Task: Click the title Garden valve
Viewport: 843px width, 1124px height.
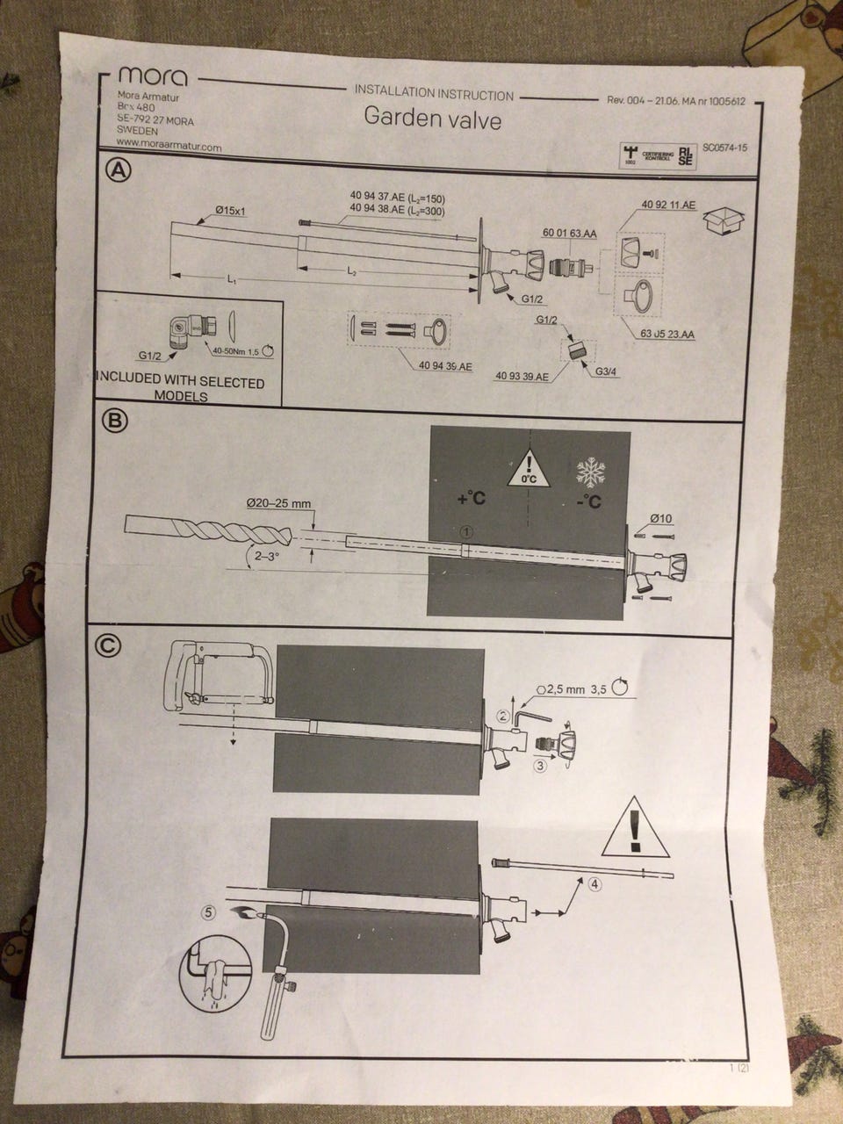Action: coord(433,119)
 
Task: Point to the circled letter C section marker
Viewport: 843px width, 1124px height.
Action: coord(107,645)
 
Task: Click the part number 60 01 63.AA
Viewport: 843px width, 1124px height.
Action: coord(569,234)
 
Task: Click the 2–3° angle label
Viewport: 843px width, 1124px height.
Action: coord(262,556)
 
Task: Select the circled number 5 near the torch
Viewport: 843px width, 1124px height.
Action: coord(207,912)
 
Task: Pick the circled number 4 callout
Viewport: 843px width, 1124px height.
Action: coord(595,884)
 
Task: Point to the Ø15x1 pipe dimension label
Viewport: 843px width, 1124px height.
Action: coord(231,211)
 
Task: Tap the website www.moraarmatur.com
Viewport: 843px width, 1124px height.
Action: coord(167,148)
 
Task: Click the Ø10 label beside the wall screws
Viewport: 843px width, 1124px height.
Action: coord(662,518)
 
